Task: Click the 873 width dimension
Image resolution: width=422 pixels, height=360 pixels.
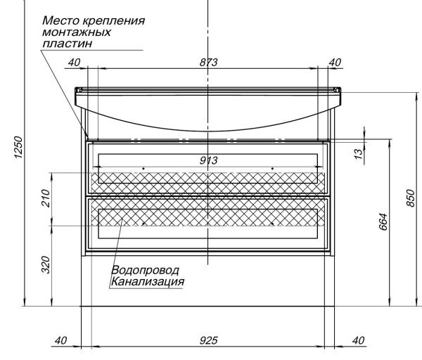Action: pyautogui.click(x=207, y=63)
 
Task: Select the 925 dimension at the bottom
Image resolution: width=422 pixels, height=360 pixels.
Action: pyautogui.click(x=207, y=340)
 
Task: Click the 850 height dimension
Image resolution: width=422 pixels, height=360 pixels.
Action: pyautogui.click(x=410, y=199)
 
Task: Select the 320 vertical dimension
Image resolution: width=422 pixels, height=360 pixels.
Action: pyautogui.click(x=46, y=265)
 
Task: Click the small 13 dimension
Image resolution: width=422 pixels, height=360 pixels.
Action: pyautogui.click(x=359, y=151)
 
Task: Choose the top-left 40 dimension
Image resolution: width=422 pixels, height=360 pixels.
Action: pyautogui.click(x=74, y=63)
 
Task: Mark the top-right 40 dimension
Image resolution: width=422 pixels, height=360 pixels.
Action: pyautogui.click(x=335, y=63)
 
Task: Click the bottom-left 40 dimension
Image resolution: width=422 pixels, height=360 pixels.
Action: pyautogui.click(x=61, y=340)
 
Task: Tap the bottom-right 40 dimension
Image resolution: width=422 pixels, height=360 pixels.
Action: pyautogui.click(x=358, y=340)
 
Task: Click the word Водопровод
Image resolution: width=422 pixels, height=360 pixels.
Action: pyautogui.click(x=145, y=270)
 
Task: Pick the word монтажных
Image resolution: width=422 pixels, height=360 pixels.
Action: pyautogui.click(x=77, y=32)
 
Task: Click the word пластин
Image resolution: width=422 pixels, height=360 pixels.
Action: pyautogui.click(x=68, y=43)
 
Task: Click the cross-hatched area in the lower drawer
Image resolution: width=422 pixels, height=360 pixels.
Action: pyautogui.click(x=169, y=218)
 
